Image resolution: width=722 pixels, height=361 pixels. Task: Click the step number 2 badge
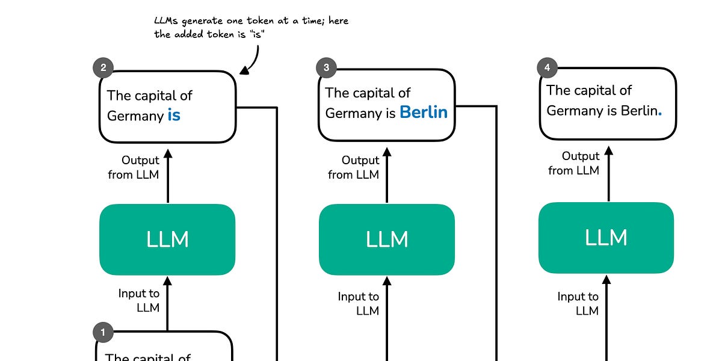pos(103,68)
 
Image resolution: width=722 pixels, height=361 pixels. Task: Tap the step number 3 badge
pos(326,68)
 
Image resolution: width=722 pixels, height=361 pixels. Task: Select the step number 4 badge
pos(546,68)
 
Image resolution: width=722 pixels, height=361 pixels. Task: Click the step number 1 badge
pos(103,332)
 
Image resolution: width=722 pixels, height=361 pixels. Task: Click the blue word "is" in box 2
pos(174,115)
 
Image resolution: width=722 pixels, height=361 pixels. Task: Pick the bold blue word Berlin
pos(424,112)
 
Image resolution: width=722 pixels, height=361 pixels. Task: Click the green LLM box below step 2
pos(167,239)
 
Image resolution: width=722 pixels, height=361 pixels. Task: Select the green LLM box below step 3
pos(387,239)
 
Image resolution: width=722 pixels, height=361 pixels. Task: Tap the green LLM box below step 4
pos(606,238)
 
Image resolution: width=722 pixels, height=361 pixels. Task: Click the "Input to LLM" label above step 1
pos(139,300)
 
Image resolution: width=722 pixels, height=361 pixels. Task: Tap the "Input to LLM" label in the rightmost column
pos(578,303)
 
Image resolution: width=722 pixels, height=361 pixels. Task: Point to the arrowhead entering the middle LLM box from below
pos(387,280)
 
